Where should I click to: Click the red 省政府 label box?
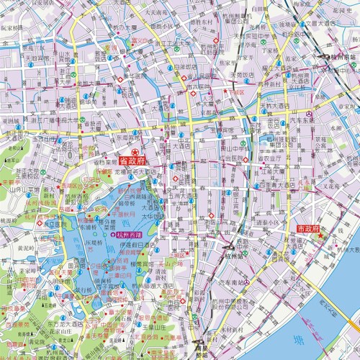click(132, 162)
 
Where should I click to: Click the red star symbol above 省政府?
click(135, 152)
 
